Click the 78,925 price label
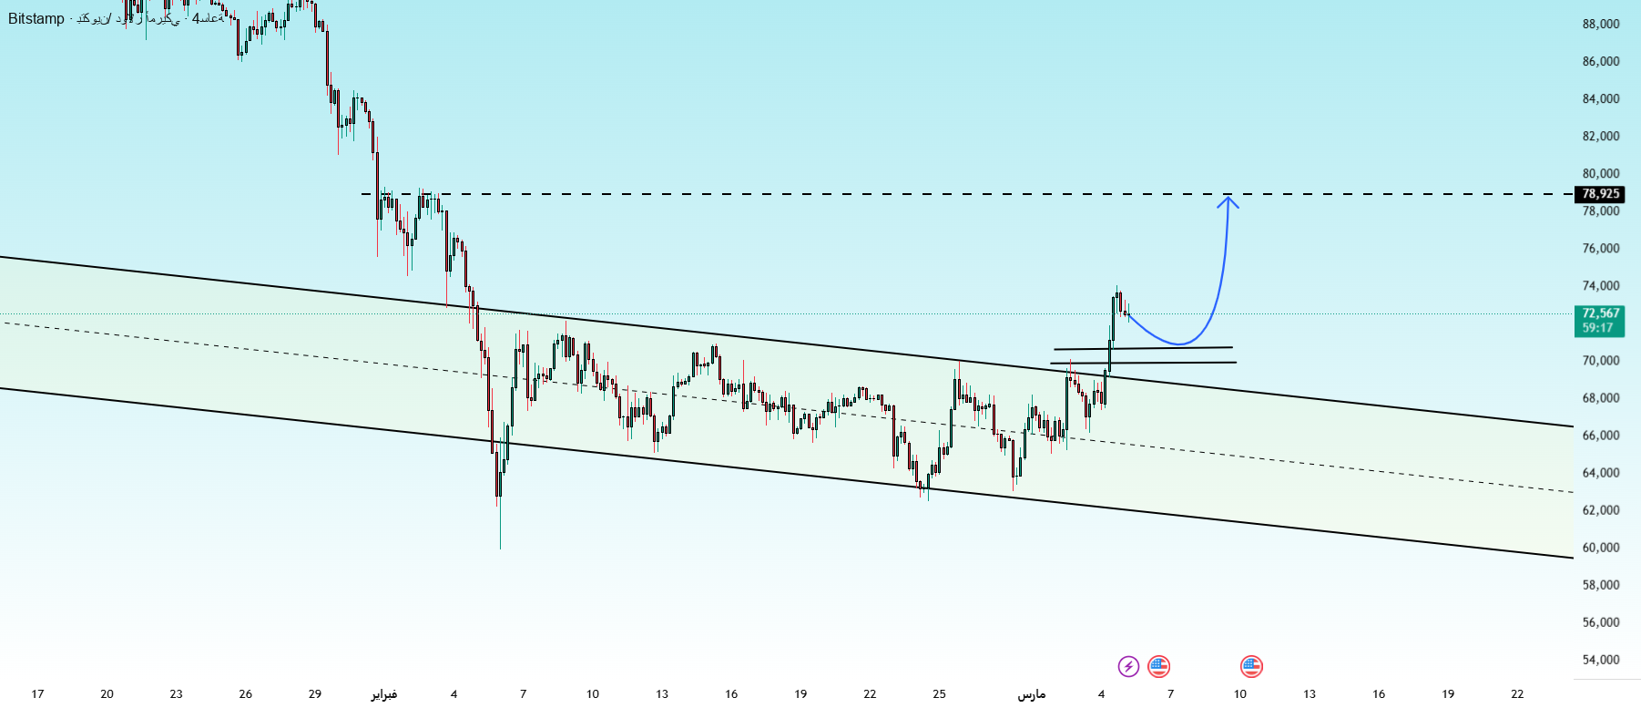[x=1600, y=194]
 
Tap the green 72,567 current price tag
[x=1600, y=313]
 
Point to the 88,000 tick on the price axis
[x=1601, y=24]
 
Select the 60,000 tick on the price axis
[x=1601, y=548]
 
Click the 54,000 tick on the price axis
[x=1601, y=660]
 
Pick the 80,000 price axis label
[x=1601, y=173]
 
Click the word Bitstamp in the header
[x=36, y=19]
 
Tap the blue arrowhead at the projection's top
[x=1228, y=200]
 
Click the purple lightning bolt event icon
[x=1128, y=666]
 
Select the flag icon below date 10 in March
[x=1251, y=666]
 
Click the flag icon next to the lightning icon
[x=1158, y=666]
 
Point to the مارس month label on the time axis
[x=1032, y=694]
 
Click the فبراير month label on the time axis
[x=384, y=694]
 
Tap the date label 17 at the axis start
[x=37, y=694]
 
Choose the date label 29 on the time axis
[x=315, y=694]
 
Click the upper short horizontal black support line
[x=1143, y=348]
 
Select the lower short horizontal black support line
[x=1143, y=363]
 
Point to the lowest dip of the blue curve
[x=1178, y=344]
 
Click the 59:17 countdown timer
[x=1598, y=328]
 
